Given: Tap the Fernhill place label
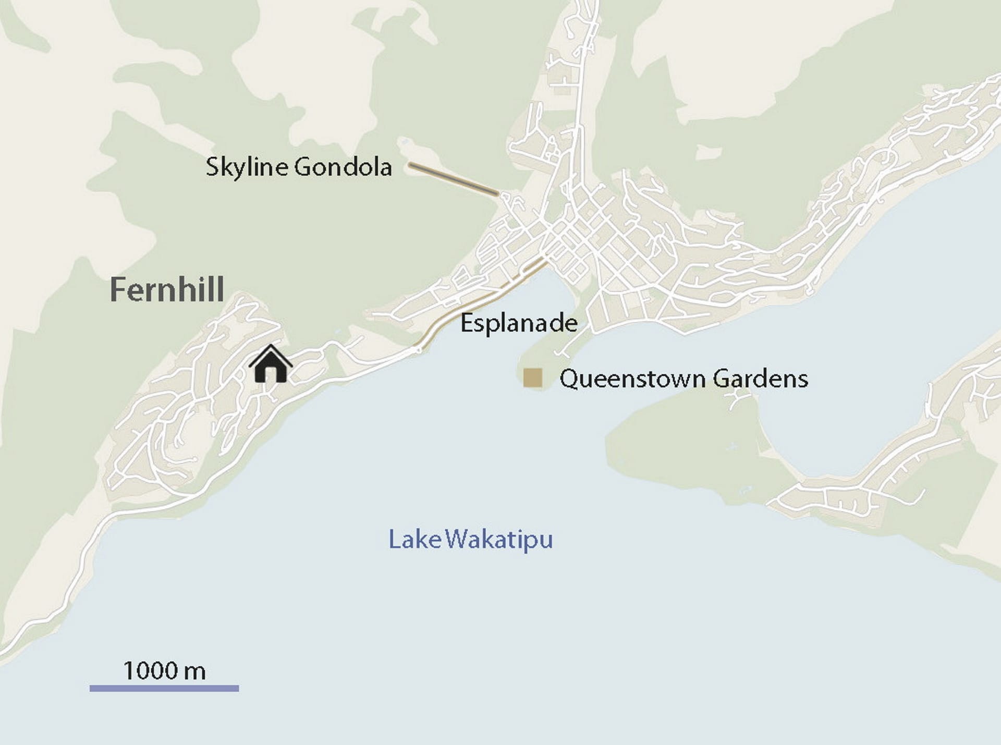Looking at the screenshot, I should pyautogui.click(x=167, y=290).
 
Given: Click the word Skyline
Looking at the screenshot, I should pyautogui.click(x=247, y=167).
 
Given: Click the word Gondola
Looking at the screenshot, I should pyautogui.click(x=343, y=167).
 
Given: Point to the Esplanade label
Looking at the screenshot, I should pyautogui.click(x=519, y=323).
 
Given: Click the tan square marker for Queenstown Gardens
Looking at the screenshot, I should pyautogui.click(x=533, y=377).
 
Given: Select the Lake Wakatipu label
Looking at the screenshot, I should pyautogui.click(x=470, y=539).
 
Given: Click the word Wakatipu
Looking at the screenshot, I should pyautogui.click(x=499, y=539).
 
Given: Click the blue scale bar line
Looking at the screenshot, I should pyautogui.click(x=164, y=688).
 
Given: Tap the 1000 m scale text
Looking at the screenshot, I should pyautogui.click(x=164, y=670).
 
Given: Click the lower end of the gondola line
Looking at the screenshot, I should pyautogui.click(x=497, y=194).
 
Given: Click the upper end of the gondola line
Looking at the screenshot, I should pyautogui.click(x=411, y=165).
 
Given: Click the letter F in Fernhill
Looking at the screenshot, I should pyautogui.click(x=118, y=290).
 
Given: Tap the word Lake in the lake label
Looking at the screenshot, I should pyautogui.click(x=415, y=539).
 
